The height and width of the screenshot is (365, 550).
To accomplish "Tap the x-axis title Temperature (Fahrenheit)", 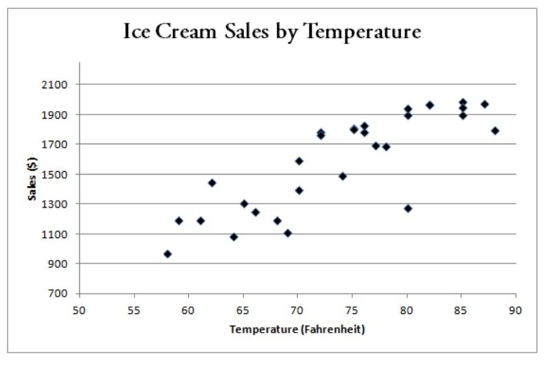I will [x=297, y=330].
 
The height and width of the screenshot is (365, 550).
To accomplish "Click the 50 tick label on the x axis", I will [x=79, y=310].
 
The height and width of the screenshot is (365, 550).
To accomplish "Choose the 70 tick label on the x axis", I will [x=297, y=310].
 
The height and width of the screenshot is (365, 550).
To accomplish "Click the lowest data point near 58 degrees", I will [x=167, y=254].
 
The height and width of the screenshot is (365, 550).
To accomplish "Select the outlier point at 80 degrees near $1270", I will [x=408, y=208].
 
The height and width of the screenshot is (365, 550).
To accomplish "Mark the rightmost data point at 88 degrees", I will [x=495, y=130].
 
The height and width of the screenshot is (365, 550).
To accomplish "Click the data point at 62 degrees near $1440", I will [x=212, y=183].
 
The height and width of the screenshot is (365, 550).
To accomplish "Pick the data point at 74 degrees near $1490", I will [x=343, y=176].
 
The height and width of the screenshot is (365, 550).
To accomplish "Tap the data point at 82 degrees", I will [x=429, y=105].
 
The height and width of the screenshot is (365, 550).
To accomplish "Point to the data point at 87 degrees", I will [x=485, y=104].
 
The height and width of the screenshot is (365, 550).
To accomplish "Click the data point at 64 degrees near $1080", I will [x=234, y=237].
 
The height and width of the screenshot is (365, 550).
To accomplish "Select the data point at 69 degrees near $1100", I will [x=288, y=233].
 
